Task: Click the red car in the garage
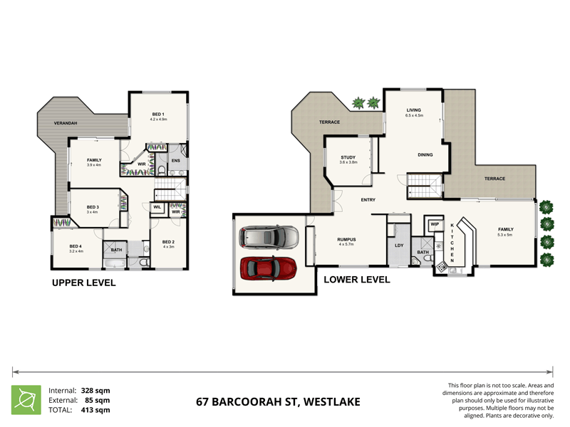pos(269,268)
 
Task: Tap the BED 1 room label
pos(158,114)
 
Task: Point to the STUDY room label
pos(348,157)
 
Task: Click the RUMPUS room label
pos(346,239)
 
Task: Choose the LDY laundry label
pos(398,246)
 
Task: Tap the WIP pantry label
pos(434,224)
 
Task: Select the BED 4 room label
pos(76,246)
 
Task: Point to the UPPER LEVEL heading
pos(83,283)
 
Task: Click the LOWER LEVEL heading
pos(357,280)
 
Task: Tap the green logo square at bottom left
pos(26,399)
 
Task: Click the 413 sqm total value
pos(93,410)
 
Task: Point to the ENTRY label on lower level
pos(368,200)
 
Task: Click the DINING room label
pos(425,154)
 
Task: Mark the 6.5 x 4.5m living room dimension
pos(414,115)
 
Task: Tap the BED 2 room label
pos(168,241)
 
